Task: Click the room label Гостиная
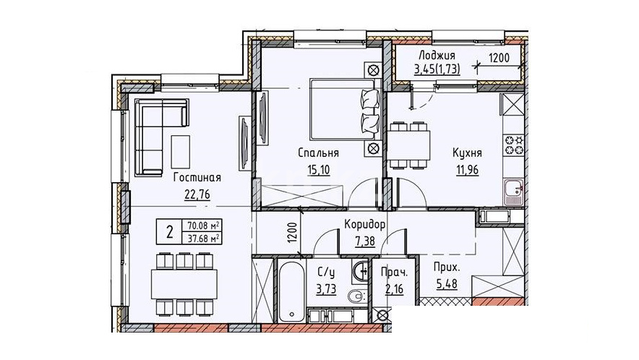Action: (197, 178)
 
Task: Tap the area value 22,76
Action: (197, 194)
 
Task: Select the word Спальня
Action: (318, 153)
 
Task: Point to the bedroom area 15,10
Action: (318, 170)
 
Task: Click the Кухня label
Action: (467, 153)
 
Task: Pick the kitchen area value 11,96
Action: (468, 169)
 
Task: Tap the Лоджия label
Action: (437, 56)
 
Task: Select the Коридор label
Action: (365, 224)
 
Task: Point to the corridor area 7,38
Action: (365, 241)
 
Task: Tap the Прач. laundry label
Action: (394, 272)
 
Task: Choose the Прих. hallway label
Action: (447, 268)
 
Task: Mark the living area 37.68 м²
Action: (204, 238)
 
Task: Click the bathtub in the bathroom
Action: (292, 291)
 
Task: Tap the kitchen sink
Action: (514, 192)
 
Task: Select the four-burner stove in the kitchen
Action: (514, 145)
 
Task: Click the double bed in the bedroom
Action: (344, 109)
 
